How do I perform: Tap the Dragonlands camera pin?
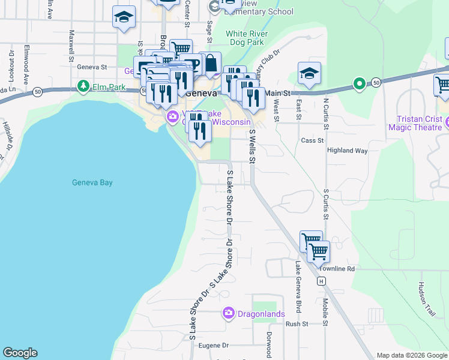pyautogui.click(x=228, y=313)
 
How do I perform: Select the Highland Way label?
pyautogui.click(x=347, y=151)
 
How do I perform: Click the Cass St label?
pyautogui.click(x=312, y=140)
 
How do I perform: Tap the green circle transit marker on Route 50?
pyautogui.click(x=359, y=83)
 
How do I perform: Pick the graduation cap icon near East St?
pyautogui.click(x=309, y=73)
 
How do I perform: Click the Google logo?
pyautogui.click(x=20, y=353)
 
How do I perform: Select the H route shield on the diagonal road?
pyautogui.click(x=322, y=280)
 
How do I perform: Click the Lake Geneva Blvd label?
pyautogui.click(x=297, y=287)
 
